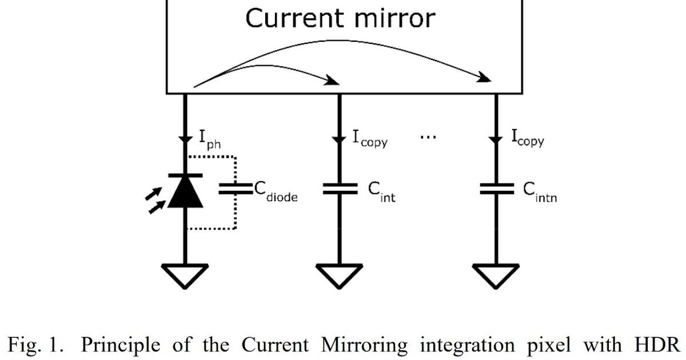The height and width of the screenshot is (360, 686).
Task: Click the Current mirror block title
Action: pyautogui.click(x=340, y=18)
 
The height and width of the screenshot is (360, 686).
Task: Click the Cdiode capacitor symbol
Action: pyautogui.click(x=236, y=189)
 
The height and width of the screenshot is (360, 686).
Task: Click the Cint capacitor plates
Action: pyautogui.click(x=340, y=189)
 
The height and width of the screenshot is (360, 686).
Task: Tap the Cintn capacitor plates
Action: pyautogui.click(x=496, y=189)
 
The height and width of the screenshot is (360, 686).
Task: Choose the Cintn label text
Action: pyautogui.click(x=540, y=193)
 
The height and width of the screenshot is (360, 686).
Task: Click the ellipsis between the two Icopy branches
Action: pyautogui.click(x=428, y=138)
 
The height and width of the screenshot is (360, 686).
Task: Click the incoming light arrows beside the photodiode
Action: pyautogui.click(x=154, y=202)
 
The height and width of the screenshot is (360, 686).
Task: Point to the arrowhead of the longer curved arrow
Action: pyautogui.click(x=485, y=78)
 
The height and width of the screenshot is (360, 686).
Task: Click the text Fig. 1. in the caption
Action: pyautogui.click(x=34, y=345)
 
